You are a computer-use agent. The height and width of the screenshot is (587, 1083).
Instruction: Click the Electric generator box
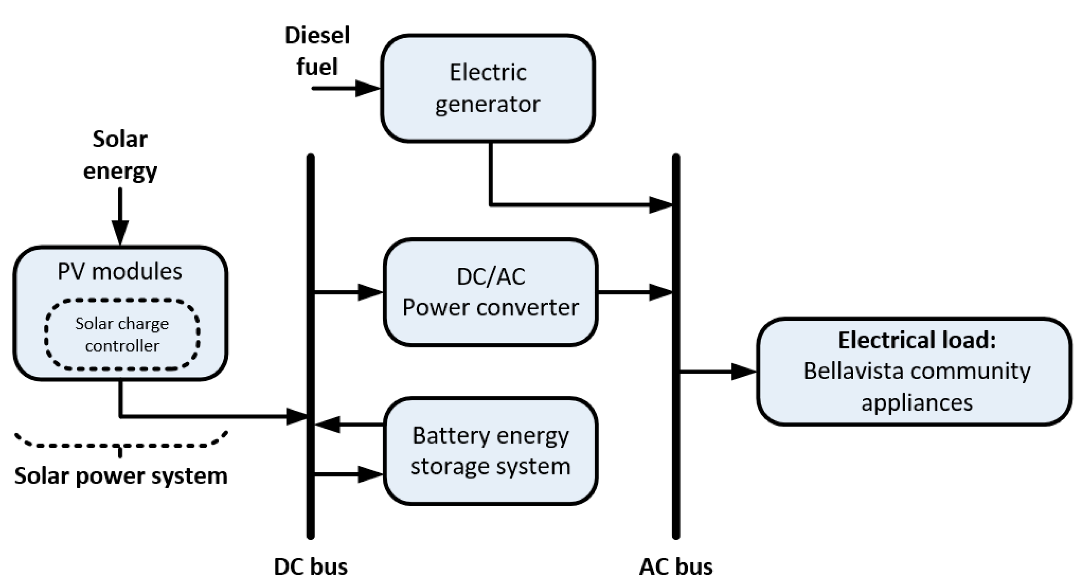click(488, 88)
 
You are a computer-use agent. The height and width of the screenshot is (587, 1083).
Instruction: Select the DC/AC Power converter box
click(490, 292)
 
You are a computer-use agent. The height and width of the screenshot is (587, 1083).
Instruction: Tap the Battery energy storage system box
click(490, 450)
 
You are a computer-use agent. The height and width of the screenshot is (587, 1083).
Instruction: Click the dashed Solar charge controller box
click(122, 335)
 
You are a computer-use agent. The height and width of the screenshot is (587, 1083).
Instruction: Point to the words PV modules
click(120, 271)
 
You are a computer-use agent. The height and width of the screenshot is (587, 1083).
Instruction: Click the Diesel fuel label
click(317, 51)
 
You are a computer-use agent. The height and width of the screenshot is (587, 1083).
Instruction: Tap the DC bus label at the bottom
click(311, 566)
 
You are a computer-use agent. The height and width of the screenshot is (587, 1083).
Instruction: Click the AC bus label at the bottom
click(676, 566)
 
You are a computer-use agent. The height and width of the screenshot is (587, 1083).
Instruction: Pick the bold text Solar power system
click(121, 476)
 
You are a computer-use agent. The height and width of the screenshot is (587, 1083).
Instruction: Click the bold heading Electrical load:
click(917, 340)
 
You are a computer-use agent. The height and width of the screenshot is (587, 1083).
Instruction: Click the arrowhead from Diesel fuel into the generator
click(366, 88)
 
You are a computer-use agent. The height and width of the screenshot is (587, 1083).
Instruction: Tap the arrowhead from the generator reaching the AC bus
click(660, 205)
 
